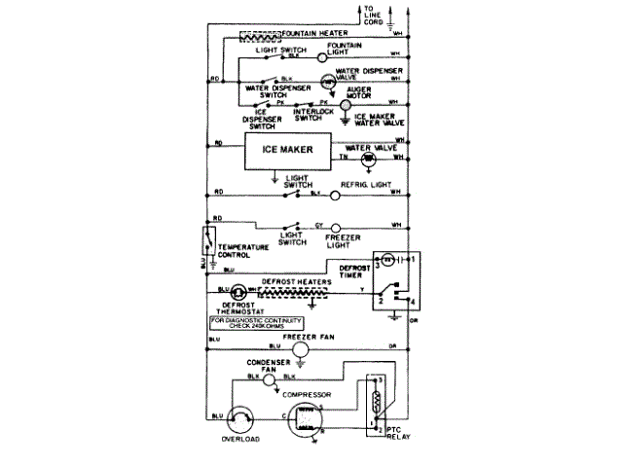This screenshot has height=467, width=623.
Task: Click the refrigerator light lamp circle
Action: click(336, 196)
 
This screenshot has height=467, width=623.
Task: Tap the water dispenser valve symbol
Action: click(328, 79)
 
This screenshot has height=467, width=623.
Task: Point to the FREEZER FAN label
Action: click(315, 336)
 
